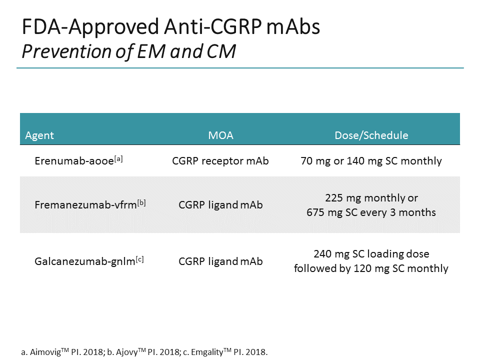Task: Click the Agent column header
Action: coord(39,135)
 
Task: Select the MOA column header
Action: coord(220,135)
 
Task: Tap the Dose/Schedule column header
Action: coord(371,135)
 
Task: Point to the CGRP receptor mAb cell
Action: coord(220,161)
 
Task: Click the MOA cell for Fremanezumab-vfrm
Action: coord(220,205)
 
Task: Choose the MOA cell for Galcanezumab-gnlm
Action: coord(220,261)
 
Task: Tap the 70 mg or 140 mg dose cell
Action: coord(371,161)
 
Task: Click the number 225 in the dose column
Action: coord(334,197)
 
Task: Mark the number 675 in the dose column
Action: coord(315,212)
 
